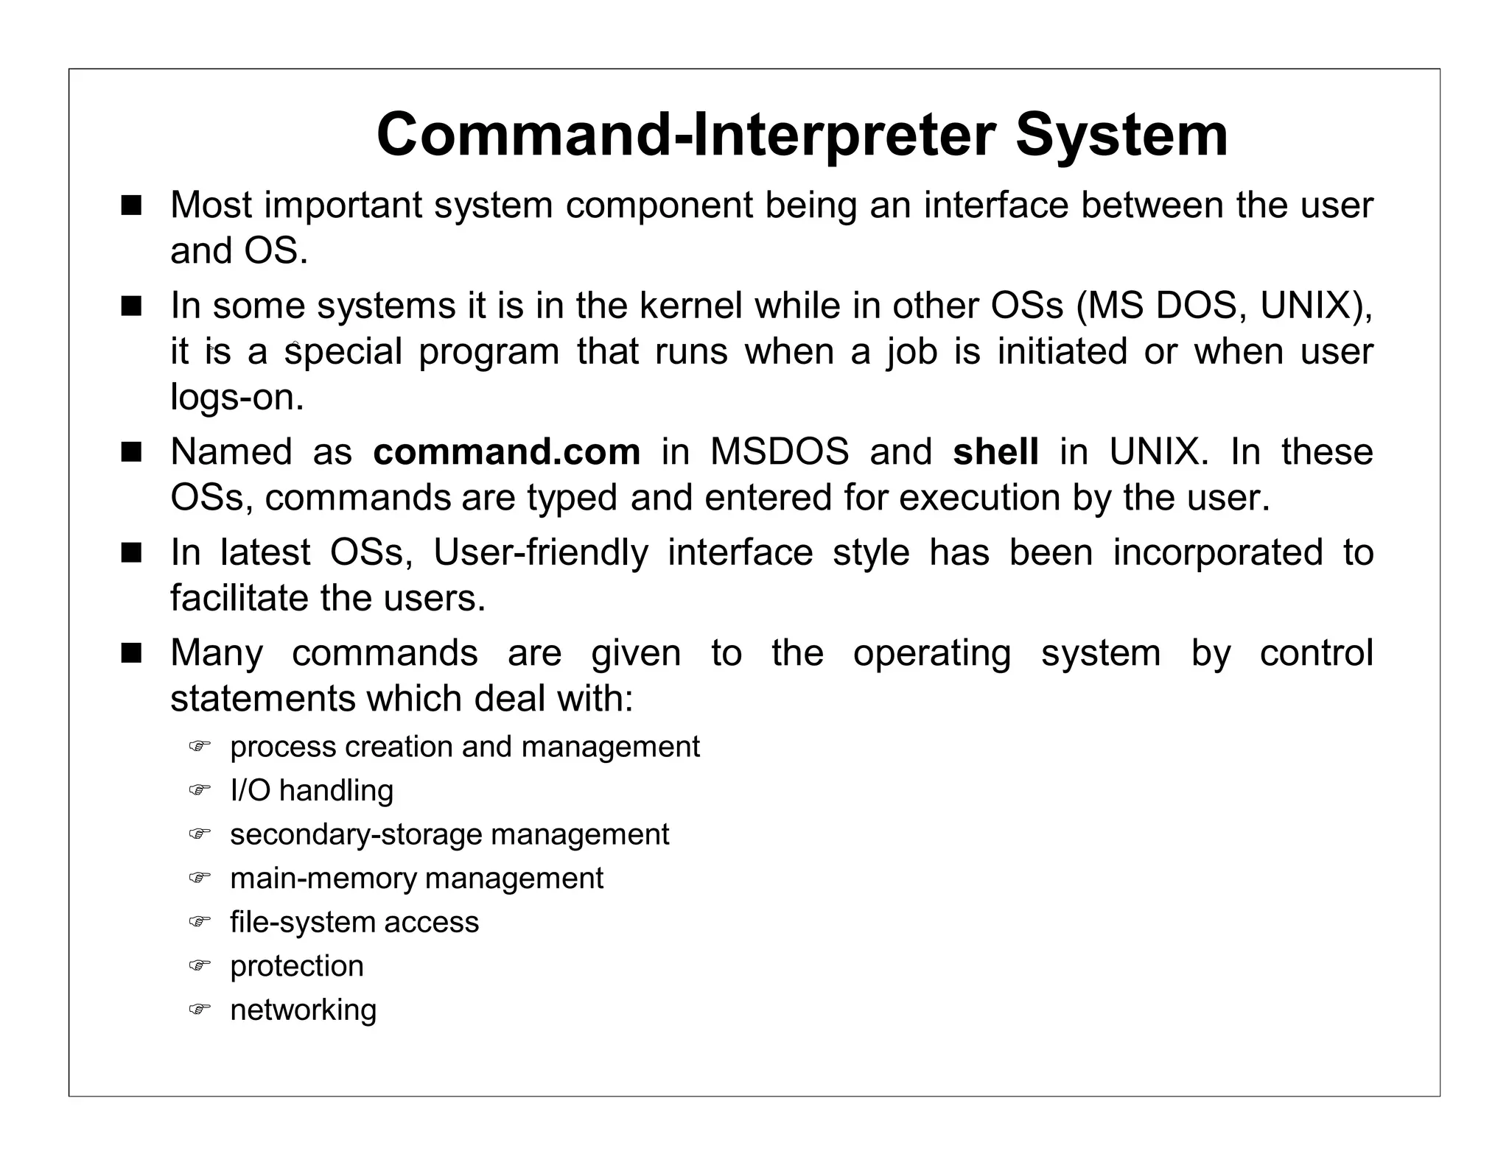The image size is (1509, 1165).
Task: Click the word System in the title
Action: tap(1121, 135)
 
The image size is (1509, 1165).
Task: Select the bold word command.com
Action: tap(507, 451)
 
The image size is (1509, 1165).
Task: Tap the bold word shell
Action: tap(995, 451)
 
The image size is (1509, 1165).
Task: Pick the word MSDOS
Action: tap(780, 451)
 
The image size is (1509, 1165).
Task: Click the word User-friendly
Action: tap(541, 552)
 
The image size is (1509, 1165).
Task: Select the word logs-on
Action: tap(237, 398)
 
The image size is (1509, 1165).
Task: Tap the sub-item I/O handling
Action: tap(312, 791)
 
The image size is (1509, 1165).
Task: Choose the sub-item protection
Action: tap(297, 966)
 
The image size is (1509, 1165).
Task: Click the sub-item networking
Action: tap(303, 1010)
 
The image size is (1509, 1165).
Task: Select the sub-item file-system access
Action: tap(354, 922)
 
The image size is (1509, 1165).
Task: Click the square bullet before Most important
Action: tap(131, 205)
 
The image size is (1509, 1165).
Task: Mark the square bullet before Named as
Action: tap(131, 452)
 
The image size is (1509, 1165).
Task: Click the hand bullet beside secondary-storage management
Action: tap(199, 834)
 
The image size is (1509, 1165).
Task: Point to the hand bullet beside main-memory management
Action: tap(199, 878)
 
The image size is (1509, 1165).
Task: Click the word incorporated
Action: tap(1218, 552)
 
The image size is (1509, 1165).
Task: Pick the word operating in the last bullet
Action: tap(932, 653)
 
